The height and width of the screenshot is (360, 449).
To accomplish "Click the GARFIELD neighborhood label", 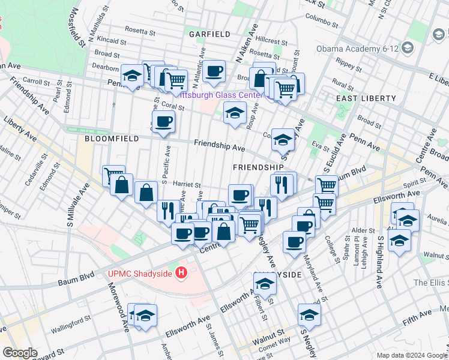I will point(209,34).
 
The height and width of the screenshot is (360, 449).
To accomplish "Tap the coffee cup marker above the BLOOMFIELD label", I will point(163,122).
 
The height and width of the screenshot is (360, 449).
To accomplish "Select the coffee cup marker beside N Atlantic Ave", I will point(213,72).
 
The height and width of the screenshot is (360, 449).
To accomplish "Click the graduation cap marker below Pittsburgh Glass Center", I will point(235,112).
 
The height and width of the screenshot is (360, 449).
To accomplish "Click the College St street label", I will point(331,246).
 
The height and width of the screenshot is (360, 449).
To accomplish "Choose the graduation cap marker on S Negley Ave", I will point(309,314).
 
